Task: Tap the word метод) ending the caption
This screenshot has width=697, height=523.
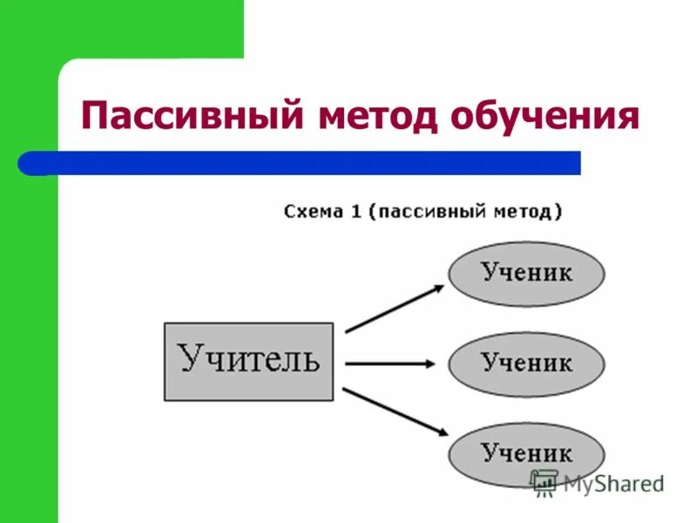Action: click(531, 212)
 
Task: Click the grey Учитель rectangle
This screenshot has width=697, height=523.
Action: click(248, 361)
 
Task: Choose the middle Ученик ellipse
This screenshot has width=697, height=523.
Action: click(526, 363)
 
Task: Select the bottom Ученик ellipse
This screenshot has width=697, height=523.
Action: click(526, 453)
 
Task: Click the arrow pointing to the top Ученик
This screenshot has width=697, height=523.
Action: click(394, 309)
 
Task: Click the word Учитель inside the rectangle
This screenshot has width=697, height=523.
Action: click(248, 358)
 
